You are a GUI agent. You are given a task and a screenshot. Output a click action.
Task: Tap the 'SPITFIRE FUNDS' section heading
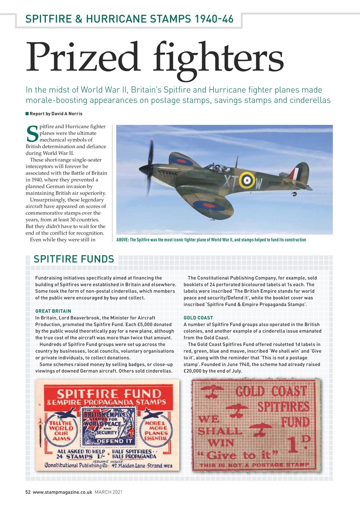click(x=74, y=259)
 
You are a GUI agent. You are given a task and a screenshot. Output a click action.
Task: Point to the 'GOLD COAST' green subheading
click(x=198, y=318)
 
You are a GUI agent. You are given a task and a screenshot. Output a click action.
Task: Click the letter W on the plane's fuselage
click(x=259, y=184)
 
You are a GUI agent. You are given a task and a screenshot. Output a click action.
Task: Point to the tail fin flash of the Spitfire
click(x=294, y=173)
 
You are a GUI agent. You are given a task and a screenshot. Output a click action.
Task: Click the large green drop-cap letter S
click(x=31, y=134)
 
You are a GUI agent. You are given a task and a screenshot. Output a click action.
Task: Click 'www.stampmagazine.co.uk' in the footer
click(x=63, y=492)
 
